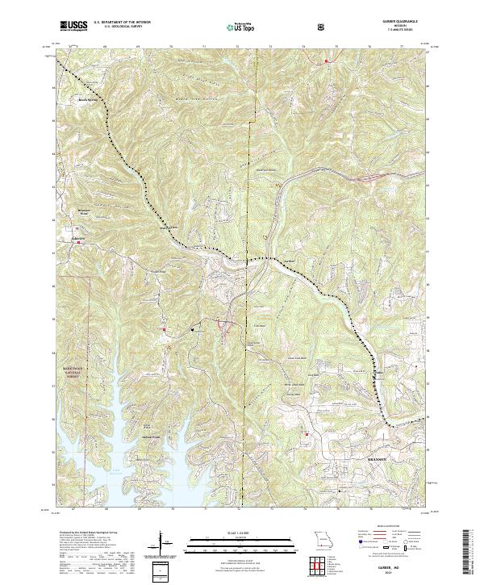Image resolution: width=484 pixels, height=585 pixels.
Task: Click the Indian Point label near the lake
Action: point(153,438)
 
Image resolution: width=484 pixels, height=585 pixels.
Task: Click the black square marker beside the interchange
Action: point(193,329)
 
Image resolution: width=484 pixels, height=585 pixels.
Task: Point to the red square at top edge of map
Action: point(326,61)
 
